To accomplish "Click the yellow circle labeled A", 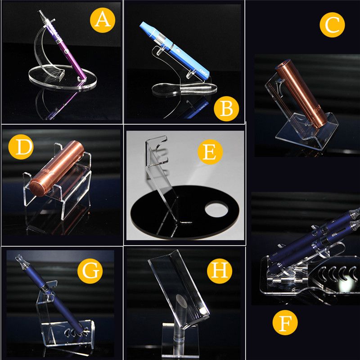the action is (103, 20).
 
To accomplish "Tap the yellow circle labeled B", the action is (226, 109).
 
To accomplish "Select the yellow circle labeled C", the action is (332, 25).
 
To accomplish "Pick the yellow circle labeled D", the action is (21, 147).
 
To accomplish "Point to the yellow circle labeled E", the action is (210, 152).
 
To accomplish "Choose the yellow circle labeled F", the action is (285, 323).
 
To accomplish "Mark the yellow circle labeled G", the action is (90, 271).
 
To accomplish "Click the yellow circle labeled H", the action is (220, 271).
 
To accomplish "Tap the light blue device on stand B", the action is (175, 50).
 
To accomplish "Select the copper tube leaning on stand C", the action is (301, 94).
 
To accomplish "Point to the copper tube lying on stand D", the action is (57, 168).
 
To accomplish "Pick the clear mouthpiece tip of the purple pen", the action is (41, 14).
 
